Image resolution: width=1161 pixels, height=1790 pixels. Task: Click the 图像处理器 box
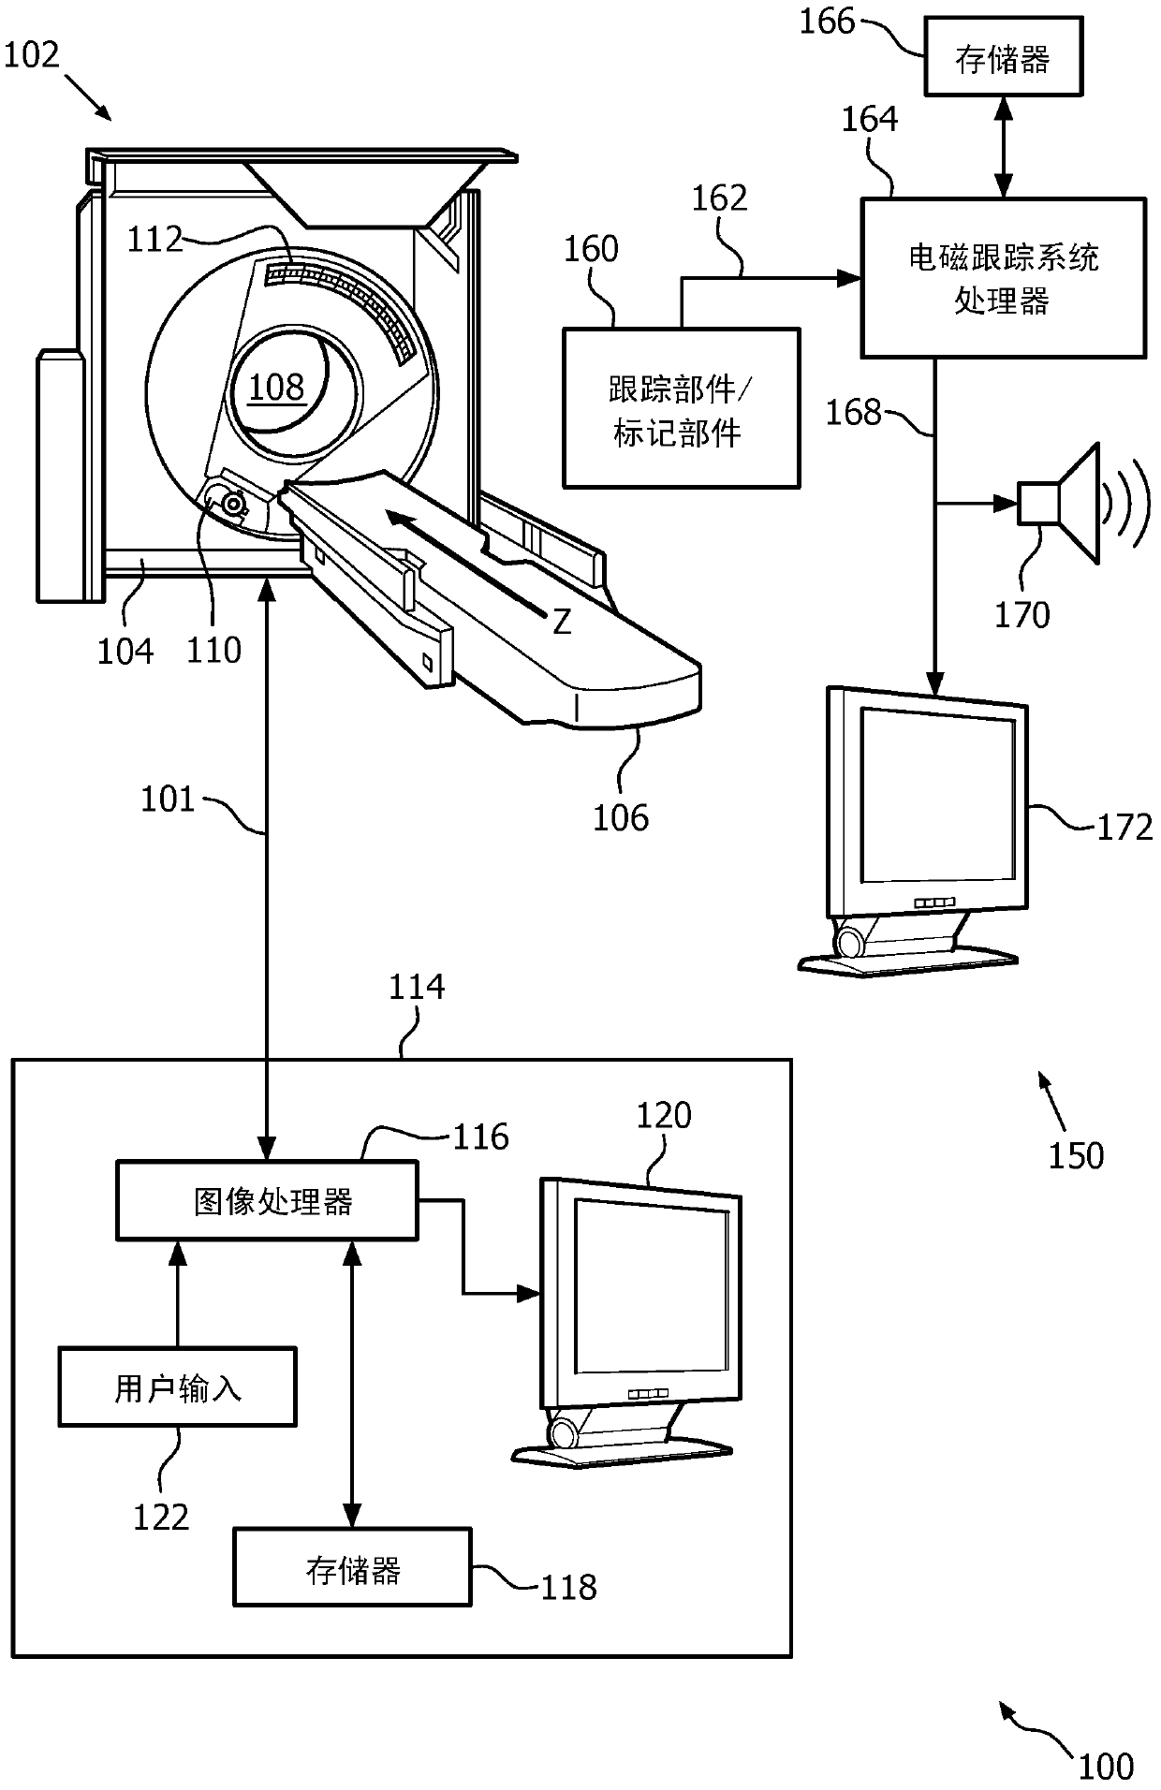(x=267, y=1201)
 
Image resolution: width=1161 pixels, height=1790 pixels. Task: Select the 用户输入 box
(x=177, y=1387)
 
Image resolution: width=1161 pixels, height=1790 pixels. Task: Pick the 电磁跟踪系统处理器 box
(x=1003, y=278)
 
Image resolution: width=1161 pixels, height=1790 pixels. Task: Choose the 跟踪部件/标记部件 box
(x=681, y=408)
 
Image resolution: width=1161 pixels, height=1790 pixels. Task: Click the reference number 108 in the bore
(x=277, y=387)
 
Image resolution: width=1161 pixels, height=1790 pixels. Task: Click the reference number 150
(x=1076, y=1156)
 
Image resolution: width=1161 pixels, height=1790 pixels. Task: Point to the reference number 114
(x=417, y=987)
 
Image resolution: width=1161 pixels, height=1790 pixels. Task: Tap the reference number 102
(x=32, y=55)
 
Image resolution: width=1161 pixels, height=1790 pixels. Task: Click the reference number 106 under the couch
(x=620, y=818)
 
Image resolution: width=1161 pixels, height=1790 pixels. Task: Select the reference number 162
(x=719, y=198)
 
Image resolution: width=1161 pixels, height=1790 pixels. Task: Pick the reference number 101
(x=168, y=800)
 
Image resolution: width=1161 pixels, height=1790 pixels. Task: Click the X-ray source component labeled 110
(x=231, y=505)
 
